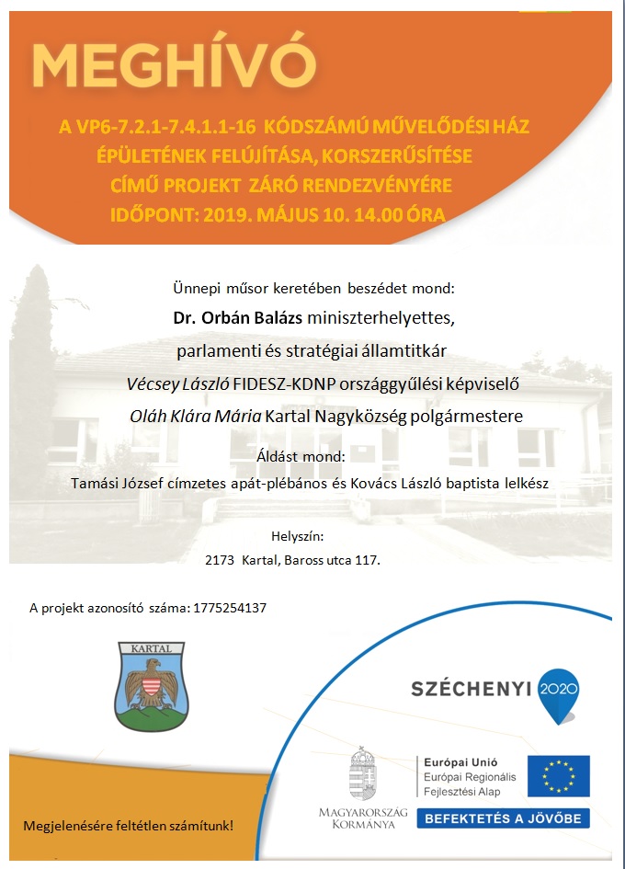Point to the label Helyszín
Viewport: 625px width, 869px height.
297,535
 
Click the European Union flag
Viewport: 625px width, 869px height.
558,774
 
